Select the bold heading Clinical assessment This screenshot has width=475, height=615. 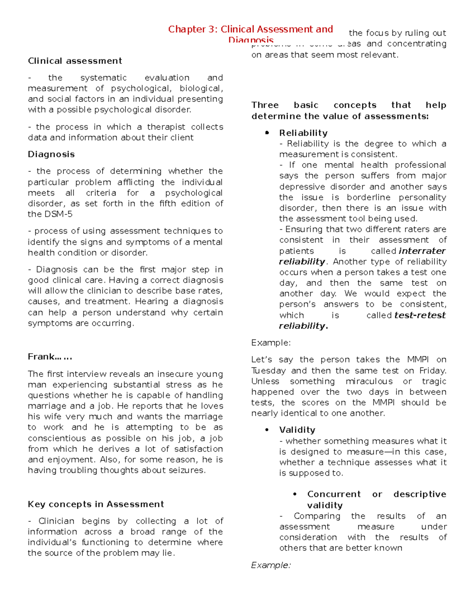pos(75,61)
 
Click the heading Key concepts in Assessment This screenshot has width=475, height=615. pos(96,504)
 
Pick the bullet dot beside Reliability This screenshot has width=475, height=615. pos(268,133)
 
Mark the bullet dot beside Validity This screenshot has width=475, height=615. pos(268,430)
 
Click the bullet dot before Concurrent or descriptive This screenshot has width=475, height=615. pos(295,494)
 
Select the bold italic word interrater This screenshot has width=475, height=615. pos(422,251)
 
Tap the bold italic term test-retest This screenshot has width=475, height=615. pos(420,315)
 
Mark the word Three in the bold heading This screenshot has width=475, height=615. pos(265,105)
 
